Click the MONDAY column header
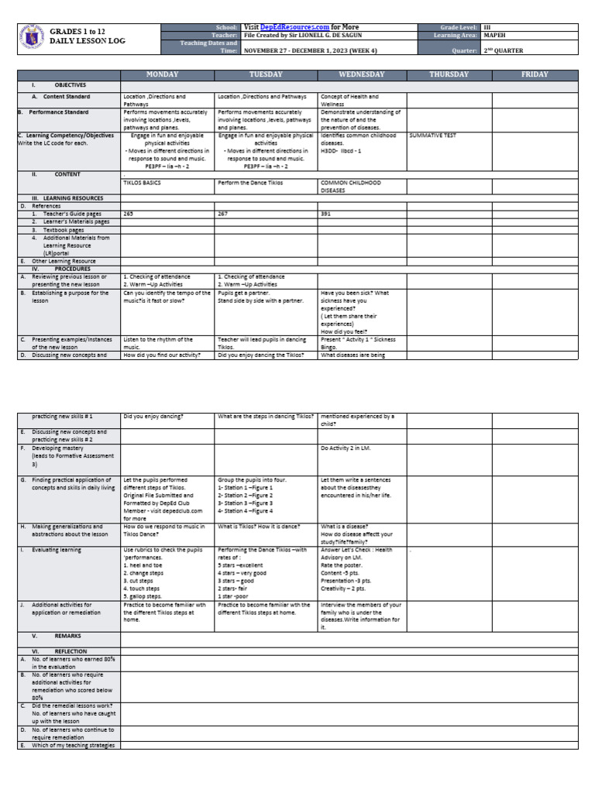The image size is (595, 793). (x=162, y=74)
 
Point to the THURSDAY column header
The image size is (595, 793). (x=449, y=74)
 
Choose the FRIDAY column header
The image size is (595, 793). (x=535, y=74)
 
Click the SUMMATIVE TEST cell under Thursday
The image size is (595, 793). (x=433, y=135)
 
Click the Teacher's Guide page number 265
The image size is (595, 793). (x=128, y=213)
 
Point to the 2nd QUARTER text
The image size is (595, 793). (x=503, y=50)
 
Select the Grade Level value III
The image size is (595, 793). (x=487, y=27)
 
